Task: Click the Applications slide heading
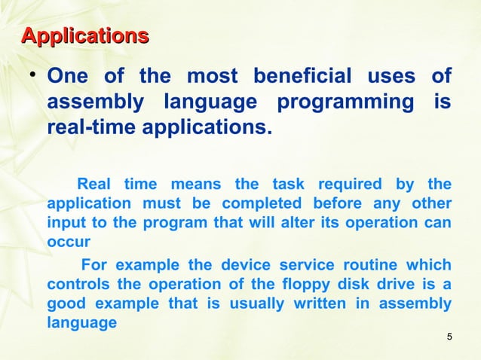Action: tap(84, 35)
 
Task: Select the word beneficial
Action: tap(302, 77)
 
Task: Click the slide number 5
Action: tap(449, 336)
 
